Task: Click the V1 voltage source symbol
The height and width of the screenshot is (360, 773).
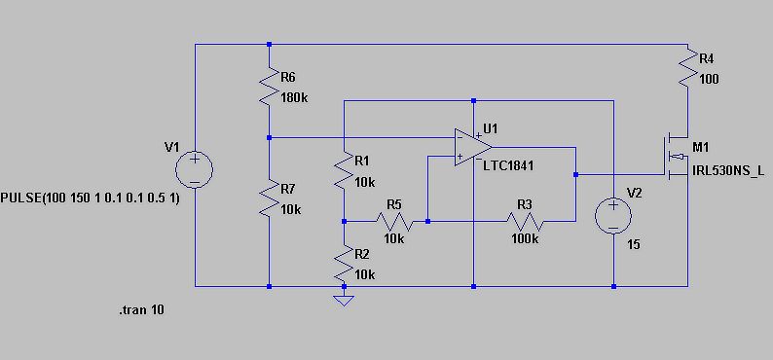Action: click(x=195, y=170)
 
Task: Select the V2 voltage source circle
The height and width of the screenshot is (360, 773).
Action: click(x=613, y=216)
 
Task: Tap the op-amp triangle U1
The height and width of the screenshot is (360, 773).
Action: click(x=473, y=147)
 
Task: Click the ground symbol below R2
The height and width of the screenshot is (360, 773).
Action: click(x=344, y=301)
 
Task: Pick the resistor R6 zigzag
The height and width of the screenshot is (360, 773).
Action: click(x=269, y=87)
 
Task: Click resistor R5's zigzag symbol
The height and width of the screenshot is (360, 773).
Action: click(x=394, y=222)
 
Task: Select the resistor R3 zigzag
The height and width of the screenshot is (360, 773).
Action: click(x=525, y=222)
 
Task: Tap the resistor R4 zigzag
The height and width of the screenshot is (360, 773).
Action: click(x=687, y=68)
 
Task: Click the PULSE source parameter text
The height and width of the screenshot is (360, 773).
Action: click(x=91, y=198)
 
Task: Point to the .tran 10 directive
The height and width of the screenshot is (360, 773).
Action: click(x=141, y=310)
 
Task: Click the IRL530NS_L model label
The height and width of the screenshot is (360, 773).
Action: click(x=729, y=171)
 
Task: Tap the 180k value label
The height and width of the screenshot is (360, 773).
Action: click(x=294, y=97)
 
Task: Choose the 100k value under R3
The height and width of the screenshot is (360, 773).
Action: click(x=525, y=238)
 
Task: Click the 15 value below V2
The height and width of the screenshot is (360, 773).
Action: click(x=634, y=244)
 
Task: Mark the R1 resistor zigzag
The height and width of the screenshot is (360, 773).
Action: click(x=344, y=170)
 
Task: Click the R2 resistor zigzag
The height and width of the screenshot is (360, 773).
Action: click(x=344, y=264)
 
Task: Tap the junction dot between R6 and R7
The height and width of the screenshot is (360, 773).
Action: click(x=269, y=137)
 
